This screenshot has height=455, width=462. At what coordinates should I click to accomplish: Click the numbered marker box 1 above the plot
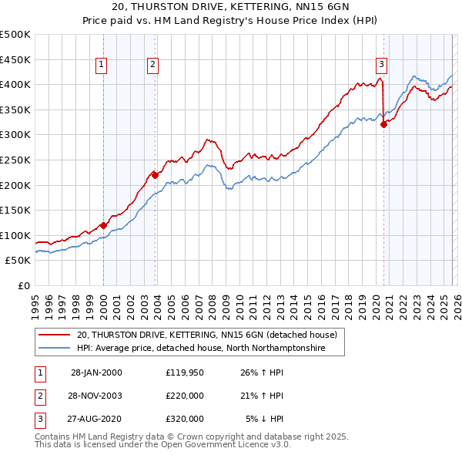pyautogui.click(x=102, y=65)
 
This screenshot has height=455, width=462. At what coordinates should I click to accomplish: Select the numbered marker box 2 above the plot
pyautogui.click(x=154, y=65)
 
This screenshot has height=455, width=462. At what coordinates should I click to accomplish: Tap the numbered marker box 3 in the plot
pyautogui.click(x=382, y=65)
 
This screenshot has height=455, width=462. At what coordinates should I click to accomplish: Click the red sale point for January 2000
pyautogui.click(x=103, y=225)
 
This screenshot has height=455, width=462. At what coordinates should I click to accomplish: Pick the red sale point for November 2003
pyautogui.click(x=156, y=175)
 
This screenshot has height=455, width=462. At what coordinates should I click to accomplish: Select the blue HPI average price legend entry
pyautogui.click(x=201, y=349)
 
